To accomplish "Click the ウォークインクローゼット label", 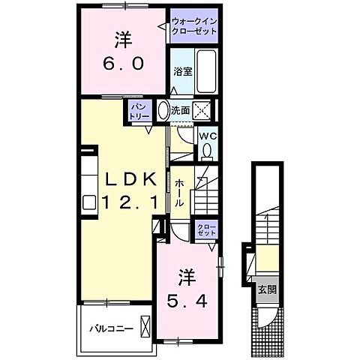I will [x=193, y=26].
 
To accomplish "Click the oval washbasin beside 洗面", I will [x=163, y=111].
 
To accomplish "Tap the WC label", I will [x=207, y=136].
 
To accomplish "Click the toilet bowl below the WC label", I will [x=207, y=151].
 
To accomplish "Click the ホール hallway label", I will [x=180, y=191].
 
